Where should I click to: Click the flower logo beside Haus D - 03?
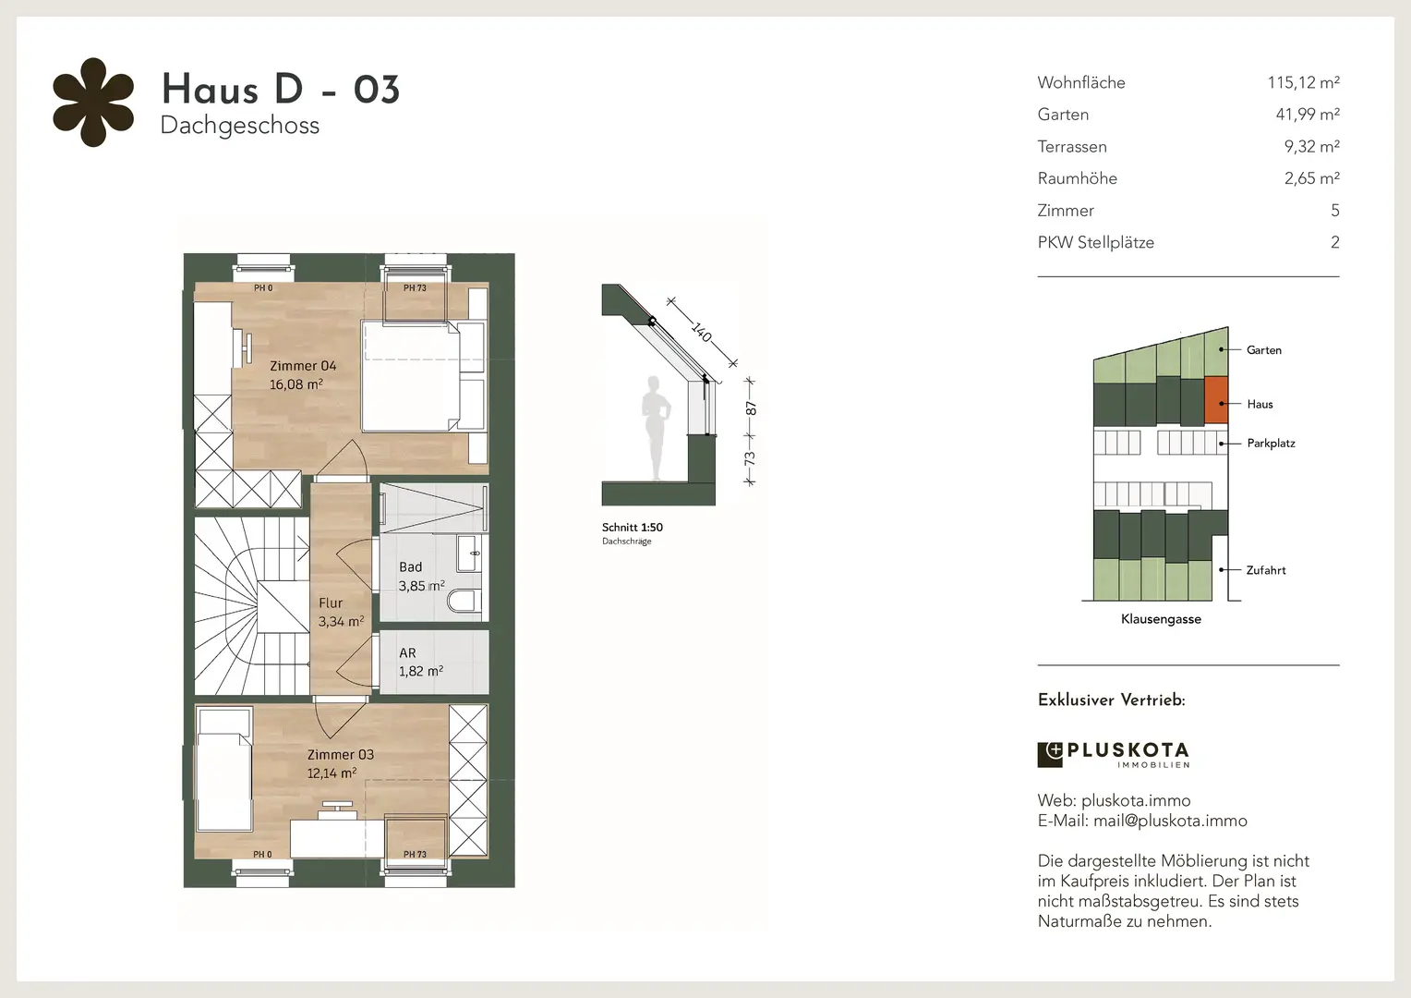[93, 103]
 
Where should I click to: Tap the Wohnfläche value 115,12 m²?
[1303, 82]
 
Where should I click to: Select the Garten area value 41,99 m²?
[1308, 114]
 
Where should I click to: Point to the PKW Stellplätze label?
[1095, 242]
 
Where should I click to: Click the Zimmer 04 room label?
[303, 366]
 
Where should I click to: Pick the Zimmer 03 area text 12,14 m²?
[332, 773]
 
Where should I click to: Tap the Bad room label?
[411, 566]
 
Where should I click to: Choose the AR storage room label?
[407, 652]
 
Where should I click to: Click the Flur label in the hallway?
[331, 602]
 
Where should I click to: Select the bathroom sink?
[469, 554]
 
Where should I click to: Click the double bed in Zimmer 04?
[423, 376]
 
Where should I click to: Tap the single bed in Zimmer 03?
[224, 769]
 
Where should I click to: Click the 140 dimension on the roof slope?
[701, 332]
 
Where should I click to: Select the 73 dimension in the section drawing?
[750, 458]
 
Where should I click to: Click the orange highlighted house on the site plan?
[1216, 400]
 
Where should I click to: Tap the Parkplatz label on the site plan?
[1272, 444]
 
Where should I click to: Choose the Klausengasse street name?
[1161, 619]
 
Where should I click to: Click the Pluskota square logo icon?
[1049, 755]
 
